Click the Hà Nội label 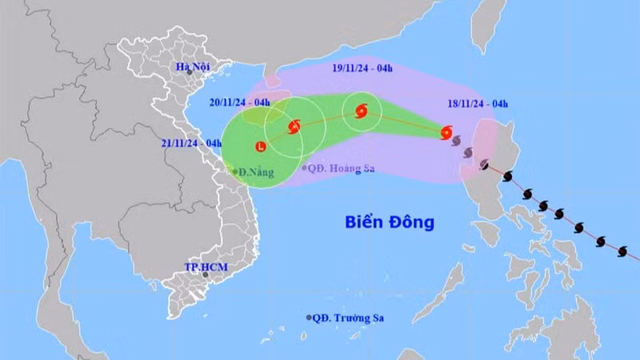click(193, 67)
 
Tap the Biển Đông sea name click(390, 222)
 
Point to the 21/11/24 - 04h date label click(191, 143)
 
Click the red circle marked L click(261, 146)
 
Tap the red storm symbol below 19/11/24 click(360, 112)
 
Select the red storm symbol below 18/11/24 click(446, 132)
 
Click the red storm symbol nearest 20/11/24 click(294, 126)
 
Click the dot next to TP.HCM click(206, 274)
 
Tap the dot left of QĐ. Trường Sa click(309, 318)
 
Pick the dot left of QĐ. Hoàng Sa click(305, 168)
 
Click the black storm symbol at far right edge click(622, 251)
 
